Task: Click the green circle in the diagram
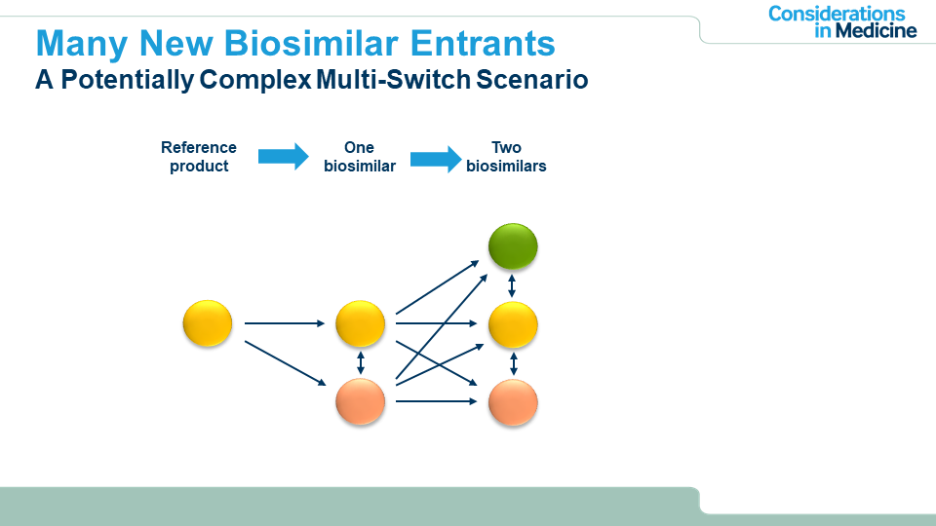click(x=513, y=247)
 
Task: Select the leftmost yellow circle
click(x=208, y=323)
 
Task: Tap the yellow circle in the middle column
click(x=361, y=324)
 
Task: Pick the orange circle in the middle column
click(x=361, y=401)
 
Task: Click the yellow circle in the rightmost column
click(x=513, y=325)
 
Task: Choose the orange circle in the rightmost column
click(x=513, y=402)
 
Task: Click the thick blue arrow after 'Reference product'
click(x=283, y=157)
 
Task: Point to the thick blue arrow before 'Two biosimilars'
click(x=436, y=157)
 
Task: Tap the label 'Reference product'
click(x=199, y=157)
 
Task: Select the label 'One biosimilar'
click(x=360, y=157)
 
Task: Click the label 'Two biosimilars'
click(x=506, y=157)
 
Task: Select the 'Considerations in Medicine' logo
click(x=842, y=21)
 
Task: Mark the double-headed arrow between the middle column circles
click(x=361, y=363)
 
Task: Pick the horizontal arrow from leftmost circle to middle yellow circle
click(x=284, y=323)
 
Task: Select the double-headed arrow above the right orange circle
click(x=514, y=363)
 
